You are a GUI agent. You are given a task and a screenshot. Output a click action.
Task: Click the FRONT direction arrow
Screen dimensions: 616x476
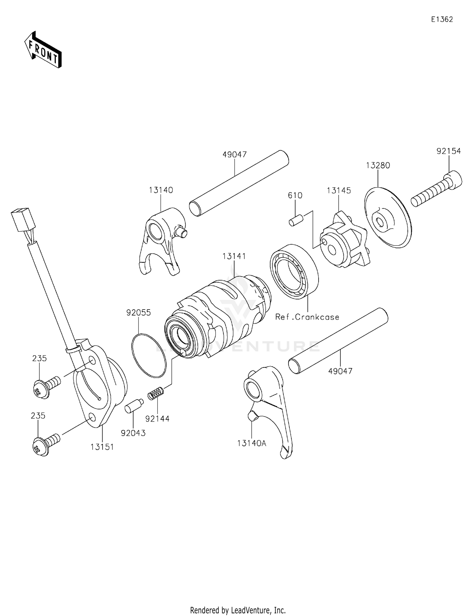tap(43, 50)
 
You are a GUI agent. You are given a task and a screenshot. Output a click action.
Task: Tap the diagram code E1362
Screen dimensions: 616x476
tap(442, 19)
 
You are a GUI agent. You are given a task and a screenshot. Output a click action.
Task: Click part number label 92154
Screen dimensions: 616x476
tap(448, 151)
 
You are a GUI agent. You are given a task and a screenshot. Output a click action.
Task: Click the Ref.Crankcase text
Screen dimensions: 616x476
tap(307, 317)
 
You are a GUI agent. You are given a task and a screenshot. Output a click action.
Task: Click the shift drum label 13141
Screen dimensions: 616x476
tap(234, 256)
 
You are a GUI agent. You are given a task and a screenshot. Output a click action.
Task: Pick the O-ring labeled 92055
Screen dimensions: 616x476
tap(149, 355)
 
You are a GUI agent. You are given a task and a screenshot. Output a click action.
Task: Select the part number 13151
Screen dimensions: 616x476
tap(102, 447)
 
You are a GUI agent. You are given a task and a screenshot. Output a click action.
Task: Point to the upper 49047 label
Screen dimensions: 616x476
tap(235, 155)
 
